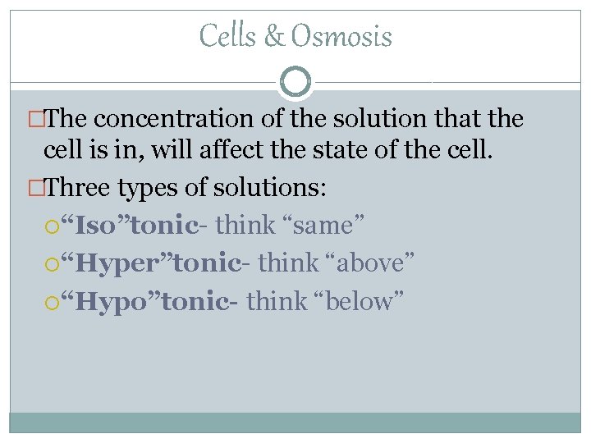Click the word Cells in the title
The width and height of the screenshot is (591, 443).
tap(227, 36)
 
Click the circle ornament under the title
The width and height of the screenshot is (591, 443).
tap(295, 82)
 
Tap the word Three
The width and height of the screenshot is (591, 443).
tap(80, 189)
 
